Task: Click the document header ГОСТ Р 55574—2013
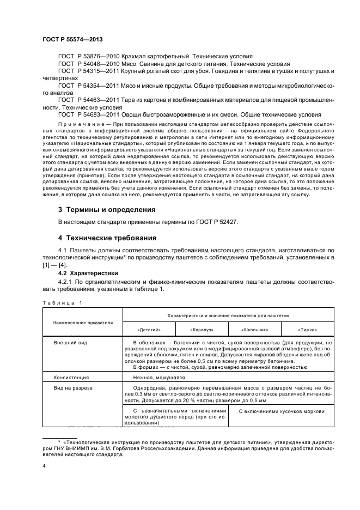point(72,40)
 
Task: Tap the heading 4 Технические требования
point(108,238)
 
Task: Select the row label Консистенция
point(71,377)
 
